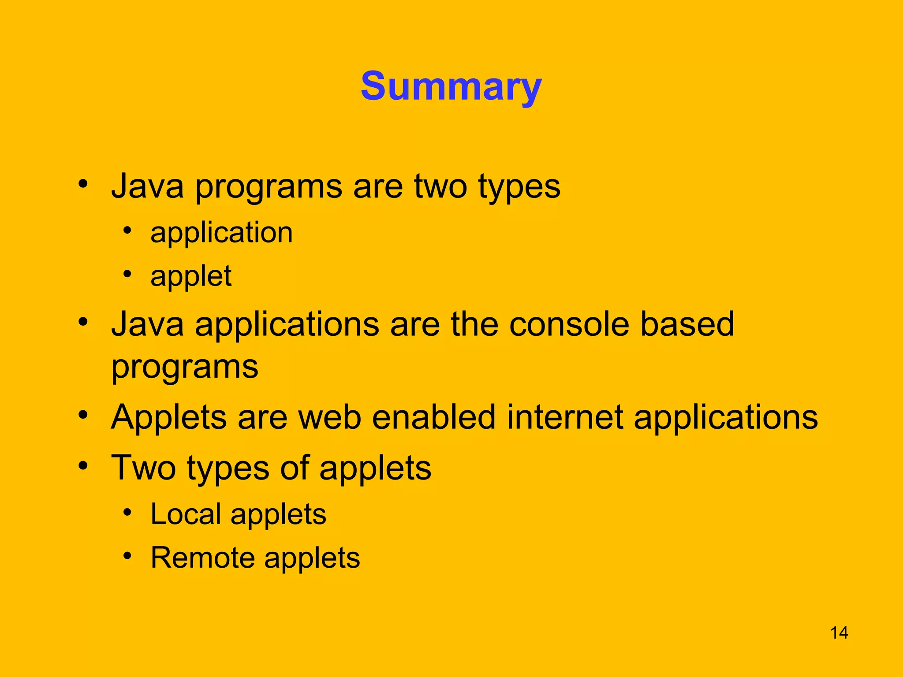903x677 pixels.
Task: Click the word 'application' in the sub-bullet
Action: tap(221, 233)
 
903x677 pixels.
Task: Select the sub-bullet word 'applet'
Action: tap(190, 276)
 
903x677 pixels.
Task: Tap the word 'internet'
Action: tap(565, 417)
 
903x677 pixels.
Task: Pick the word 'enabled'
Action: tap(433, 417)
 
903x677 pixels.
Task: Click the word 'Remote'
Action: tap(202, 558)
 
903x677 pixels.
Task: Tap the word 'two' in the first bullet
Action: tap(440, 186)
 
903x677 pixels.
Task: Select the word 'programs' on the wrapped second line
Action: tap(185, 367)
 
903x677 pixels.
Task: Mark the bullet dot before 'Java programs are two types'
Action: tap(83, 183)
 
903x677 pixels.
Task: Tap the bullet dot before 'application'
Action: tap(127, 230)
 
